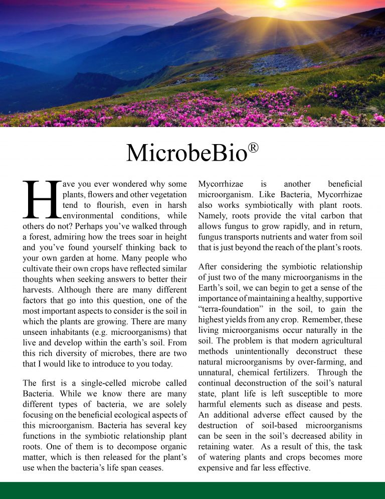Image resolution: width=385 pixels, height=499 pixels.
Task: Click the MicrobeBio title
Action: pos(186,153)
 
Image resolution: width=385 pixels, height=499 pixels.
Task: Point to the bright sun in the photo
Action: pos(280,4)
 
